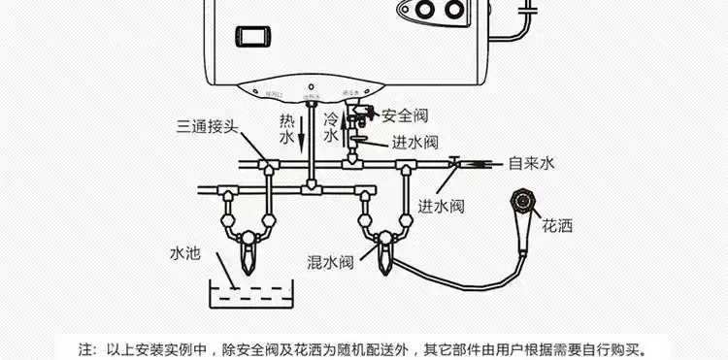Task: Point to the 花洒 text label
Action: click(557, 226)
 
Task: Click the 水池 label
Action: click(183, 253)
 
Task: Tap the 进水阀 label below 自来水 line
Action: click(442, 206)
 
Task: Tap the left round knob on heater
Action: click(425, 12)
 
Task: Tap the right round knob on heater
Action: click(455, 12)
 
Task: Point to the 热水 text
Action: click(287, 129)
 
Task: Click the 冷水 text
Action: click(330, 129)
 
